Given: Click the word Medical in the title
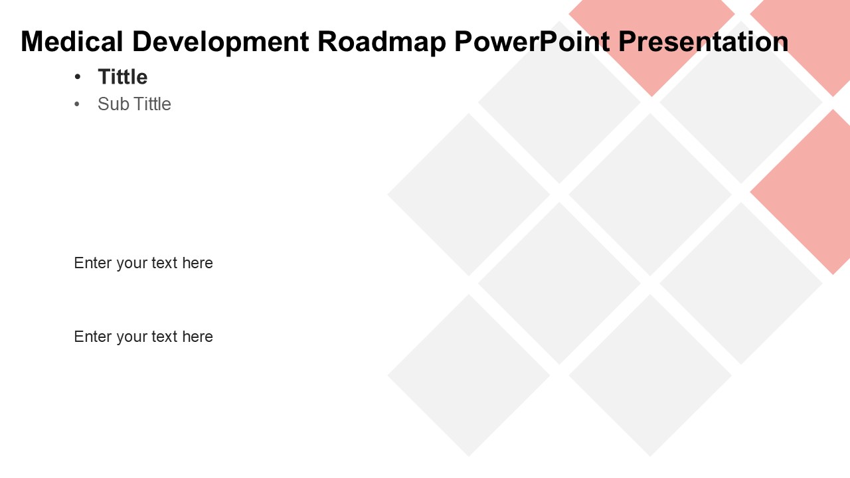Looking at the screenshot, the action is point(72,41).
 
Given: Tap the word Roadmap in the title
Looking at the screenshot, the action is point(382,42).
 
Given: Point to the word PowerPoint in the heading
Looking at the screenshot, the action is point(532,42).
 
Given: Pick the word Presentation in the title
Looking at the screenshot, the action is point(703,41).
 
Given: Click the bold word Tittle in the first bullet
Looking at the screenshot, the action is point(123,76).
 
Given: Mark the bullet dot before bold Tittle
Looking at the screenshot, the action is point(78,77).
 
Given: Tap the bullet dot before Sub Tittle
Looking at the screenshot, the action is point(78,104).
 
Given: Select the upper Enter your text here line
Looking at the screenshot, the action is point(143,263).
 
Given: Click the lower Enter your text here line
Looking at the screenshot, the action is point(143,337).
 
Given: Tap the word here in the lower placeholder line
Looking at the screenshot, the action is point(197,337).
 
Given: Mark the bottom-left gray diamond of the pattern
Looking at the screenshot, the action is point(469,375).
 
